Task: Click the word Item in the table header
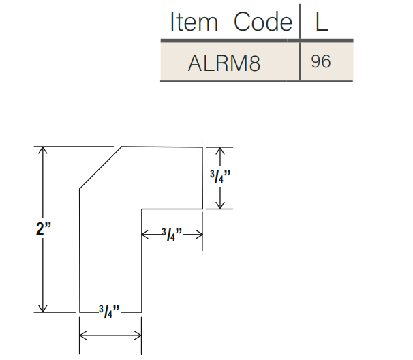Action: (194, 22)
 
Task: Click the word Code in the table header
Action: (262, 22)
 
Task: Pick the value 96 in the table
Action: (320, 62)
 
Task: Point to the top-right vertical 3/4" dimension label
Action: (220, 177)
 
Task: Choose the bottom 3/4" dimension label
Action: (110, 312)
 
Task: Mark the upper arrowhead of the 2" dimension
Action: (44, 151)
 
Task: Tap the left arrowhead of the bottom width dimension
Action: (83, 335)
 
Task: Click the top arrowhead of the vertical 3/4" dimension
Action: (219, 151)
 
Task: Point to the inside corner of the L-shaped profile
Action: (141, 209)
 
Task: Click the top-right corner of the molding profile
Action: (203, 147)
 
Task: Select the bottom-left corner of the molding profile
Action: (80, 312)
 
